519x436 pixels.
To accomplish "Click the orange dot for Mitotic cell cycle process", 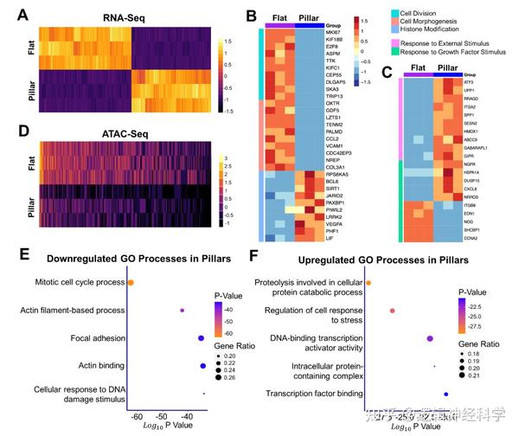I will point(131,282).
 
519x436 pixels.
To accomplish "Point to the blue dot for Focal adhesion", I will point(201,338).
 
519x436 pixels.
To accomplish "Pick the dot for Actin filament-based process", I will point(182,310).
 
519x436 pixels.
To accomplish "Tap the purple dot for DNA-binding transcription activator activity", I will point(430,338).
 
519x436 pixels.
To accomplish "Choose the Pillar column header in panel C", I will point(449,67).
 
